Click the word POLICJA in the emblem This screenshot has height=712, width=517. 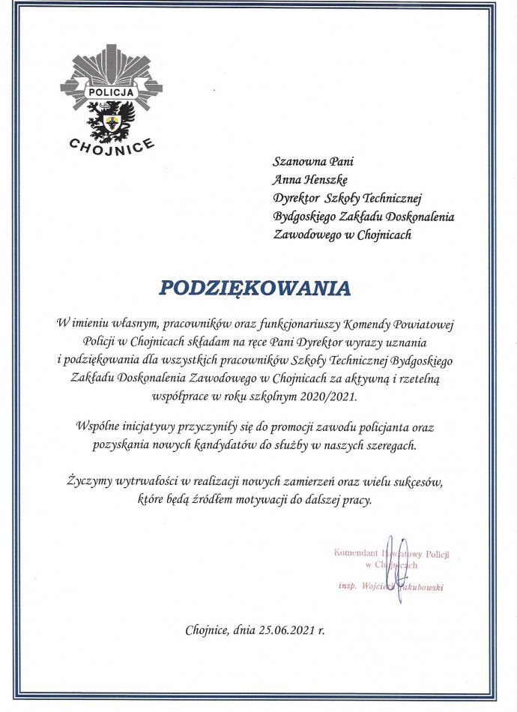tap(111, 92)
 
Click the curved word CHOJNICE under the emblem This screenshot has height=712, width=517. tap(111, 142)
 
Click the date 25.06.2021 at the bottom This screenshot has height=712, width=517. tap(278, 631)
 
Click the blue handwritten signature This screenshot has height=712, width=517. tap(399, 558)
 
